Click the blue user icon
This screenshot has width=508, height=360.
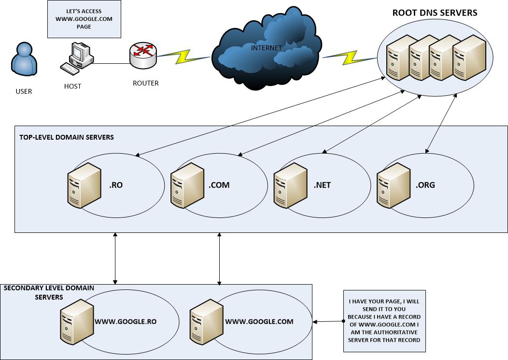(23, 60)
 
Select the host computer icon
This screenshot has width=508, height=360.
(76, 58)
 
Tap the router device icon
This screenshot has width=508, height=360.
(143, 56)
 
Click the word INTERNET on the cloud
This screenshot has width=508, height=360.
(266, 48)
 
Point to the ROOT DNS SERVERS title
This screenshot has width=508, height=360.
(434, 13)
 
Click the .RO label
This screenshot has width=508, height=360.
(117, 185)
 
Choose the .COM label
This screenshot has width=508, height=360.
(219, 185)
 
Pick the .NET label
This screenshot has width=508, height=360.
(322, 185)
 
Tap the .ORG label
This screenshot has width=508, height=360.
(425, 185)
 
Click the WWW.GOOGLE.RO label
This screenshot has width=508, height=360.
(126, 321)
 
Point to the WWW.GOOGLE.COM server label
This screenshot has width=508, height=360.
(259, 321)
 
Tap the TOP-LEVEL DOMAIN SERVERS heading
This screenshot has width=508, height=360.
(67, 137)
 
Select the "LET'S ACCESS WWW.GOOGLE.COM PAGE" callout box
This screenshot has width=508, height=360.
(84, 19)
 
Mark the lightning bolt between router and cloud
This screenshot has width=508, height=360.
(184, 57)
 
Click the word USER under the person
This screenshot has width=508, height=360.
(24, 91)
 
